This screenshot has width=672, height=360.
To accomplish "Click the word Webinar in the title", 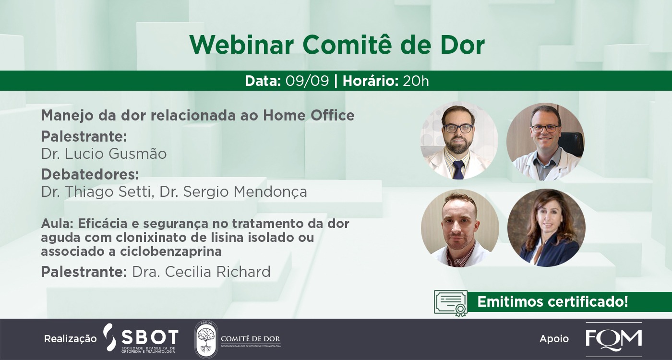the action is (241, 45).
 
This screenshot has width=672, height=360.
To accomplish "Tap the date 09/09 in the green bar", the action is (307, 81).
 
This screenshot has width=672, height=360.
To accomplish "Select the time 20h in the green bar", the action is (416, 81).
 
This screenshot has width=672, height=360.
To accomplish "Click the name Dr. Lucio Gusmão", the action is (104, 154).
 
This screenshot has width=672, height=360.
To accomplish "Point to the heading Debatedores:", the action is (90, 174).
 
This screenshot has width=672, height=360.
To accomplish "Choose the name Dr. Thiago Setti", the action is (97, 192).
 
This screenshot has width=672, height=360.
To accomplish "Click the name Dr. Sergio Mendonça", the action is (233, 192).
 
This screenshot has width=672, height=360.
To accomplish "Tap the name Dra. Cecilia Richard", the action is (201, 272).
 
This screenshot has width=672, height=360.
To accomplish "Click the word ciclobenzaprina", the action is (171, 252).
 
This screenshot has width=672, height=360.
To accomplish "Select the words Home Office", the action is (309, 116).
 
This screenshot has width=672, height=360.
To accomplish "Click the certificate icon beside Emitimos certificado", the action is (451, 303).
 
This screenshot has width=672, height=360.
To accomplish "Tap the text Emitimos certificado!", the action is (552, 301).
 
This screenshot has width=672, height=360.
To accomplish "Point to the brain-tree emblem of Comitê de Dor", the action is (205, 339).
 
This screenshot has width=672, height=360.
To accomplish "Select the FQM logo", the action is (614, 339).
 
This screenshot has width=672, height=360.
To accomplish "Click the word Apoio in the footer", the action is (554, 339).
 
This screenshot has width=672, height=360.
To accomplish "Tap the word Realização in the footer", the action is (71, 339).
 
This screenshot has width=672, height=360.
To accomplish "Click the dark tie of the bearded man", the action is (458, 169).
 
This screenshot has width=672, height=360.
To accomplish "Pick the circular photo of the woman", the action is (546, 228).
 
